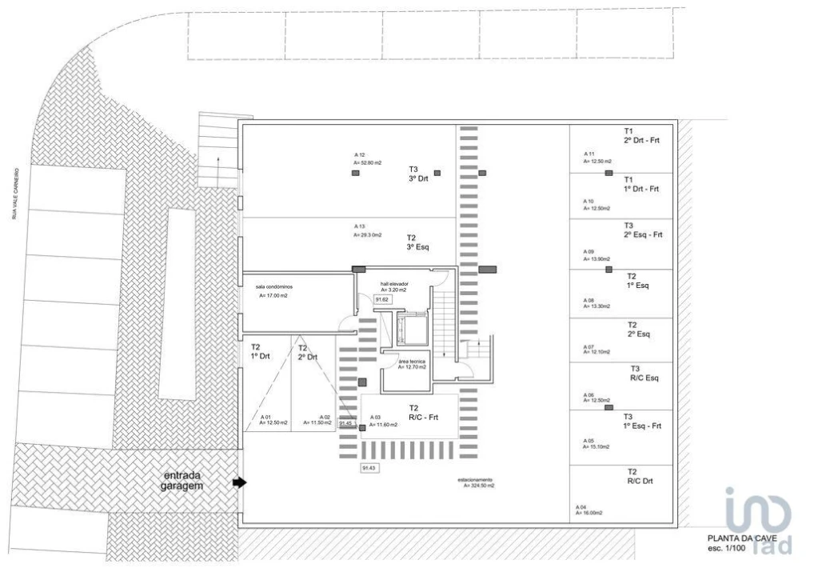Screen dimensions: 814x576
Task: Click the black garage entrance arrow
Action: tap(239, 482)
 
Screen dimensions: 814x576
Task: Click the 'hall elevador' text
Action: tap(394, 284)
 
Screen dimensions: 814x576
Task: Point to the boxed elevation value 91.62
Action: tap(381, 299)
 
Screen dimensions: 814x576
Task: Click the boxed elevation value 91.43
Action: tap(369, 467)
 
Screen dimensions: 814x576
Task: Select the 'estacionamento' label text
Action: tap(476, 480)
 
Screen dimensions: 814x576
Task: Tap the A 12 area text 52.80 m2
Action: tap(368, 162)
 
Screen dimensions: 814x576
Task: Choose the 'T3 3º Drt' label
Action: tap(418, 174)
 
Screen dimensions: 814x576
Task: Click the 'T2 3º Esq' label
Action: tap(417, 242)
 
